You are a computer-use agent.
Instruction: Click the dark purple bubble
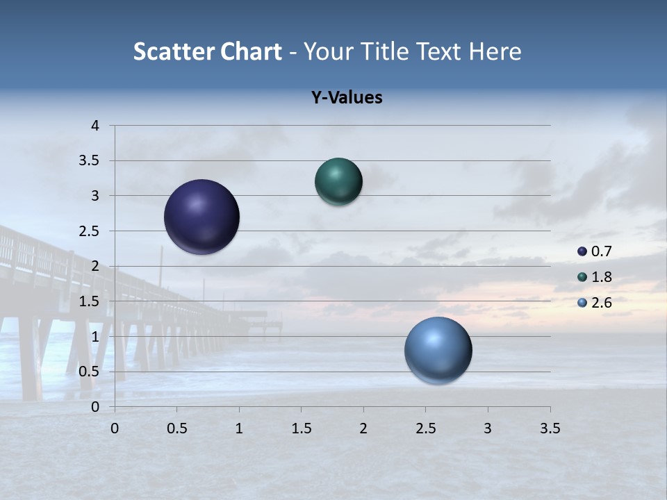point(202,217)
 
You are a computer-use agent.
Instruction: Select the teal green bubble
point(338,182)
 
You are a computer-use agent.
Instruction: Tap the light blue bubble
point(438,350)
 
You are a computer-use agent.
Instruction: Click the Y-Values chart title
point(347,98)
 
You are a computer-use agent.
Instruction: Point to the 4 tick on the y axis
point(96,126)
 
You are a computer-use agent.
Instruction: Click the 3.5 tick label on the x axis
point(550,428)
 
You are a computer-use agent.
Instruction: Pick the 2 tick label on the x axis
point(363,428)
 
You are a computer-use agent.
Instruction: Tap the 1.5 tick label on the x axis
point(301,428)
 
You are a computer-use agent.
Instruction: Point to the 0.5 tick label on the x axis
point(177,428)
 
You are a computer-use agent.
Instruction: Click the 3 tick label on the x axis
point(488,428)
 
